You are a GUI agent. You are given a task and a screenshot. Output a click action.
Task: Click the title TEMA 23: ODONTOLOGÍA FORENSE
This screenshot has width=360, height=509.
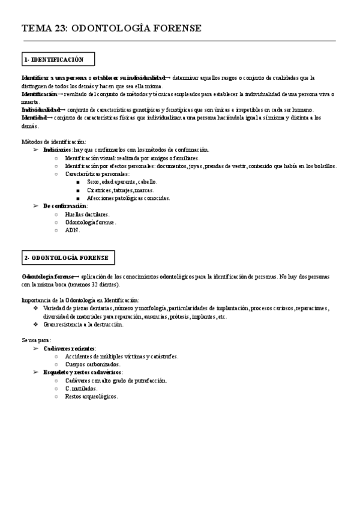(112, 28)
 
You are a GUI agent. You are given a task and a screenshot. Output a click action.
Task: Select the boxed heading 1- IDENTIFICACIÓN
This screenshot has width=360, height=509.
(53, 59)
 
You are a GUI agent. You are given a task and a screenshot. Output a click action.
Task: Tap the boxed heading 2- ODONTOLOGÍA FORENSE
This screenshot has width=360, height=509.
(67, 258)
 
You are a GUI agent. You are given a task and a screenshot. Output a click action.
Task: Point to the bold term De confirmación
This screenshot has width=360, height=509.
(65, 206)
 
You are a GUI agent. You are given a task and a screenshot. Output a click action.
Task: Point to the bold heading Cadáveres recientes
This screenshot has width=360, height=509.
(69, 348)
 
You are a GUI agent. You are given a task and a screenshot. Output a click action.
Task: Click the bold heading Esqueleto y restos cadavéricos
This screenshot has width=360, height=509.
(82, 372)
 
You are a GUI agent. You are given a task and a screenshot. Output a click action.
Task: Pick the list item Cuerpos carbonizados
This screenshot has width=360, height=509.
(92, 364)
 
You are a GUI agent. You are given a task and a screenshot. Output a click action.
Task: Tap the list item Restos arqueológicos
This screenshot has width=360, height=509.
(91, 396)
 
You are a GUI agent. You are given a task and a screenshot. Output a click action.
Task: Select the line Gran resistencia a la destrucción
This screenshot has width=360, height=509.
(83, 325)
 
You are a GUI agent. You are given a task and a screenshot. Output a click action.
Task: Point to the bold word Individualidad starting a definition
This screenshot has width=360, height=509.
(40, 110)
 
